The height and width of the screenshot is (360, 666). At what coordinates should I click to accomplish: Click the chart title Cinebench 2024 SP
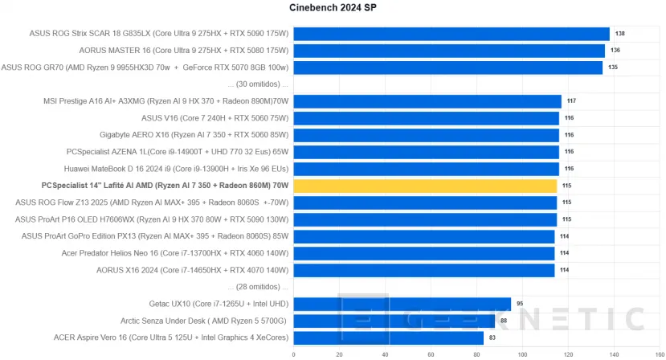332,8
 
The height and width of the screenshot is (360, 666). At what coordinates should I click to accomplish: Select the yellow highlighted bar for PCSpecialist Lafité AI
425,186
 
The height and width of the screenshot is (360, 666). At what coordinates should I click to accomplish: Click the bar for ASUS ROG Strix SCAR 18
451,34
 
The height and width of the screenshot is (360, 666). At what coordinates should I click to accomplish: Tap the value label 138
619,34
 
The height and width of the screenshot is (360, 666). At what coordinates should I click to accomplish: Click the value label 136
615,51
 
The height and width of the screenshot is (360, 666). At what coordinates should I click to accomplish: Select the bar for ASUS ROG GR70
447,67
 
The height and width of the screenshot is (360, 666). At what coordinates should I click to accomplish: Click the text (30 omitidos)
258,84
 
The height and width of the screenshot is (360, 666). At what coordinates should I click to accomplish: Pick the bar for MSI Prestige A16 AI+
427,101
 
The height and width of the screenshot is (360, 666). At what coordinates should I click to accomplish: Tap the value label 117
571,101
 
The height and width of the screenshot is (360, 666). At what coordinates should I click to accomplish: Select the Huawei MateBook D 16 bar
426,169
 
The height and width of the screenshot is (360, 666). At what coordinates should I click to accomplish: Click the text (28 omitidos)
258,287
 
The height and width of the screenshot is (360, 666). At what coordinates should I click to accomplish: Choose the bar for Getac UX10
402,304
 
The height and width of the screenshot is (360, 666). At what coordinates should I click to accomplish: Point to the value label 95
521,304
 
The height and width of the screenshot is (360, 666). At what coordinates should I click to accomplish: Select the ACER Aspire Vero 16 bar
388,337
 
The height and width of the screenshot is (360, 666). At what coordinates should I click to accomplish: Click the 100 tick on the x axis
522,354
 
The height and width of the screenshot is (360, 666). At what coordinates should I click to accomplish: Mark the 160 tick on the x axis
660,354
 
